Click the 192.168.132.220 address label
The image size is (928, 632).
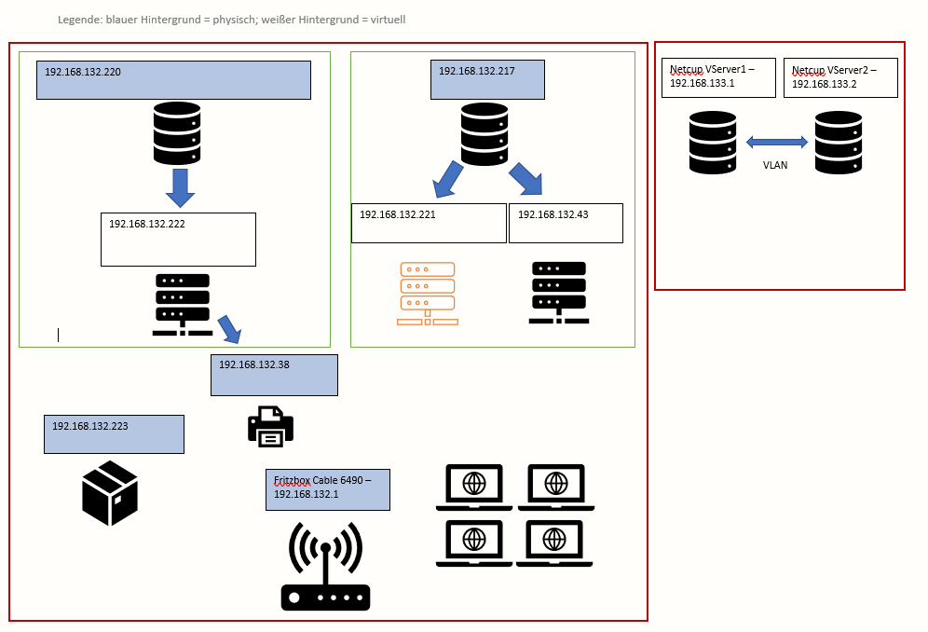pyautogui.click(x=83, y=72)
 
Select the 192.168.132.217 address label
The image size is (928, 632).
pyautogui.click(x=476, y=71)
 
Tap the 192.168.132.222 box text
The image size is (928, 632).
pyautogui.click(x=147, y=224)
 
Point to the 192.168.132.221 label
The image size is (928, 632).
pyautogui.click(x=398, y=214)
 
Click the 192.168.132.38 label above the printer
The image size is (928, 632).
pyautogui.click(x=254, y=365)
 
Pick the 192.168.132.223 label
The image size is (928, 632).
pyautogui.click(x=90, y=426)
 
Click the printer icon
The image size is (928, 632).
pyautogui.click(x=270, y=426)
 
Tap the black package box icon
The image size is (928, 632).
pyautogui.click(x=110, y=492)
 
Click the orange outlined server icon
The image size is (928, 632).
pyautogui.click(x=428, y=294)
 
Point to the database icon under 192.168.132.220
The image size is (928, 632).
pyautogui.click(x=177, y=133)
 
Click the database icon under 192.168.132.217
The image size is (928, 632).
pyautogui.click(x=484, y=133)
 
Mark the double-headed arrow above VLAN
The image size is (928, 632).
pyautogui.click(x=777, y=142)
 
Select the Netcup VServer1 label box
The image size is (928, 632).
pyautogui.click(x=718, y=77)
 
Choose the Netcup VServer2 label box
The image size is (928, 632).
pyautogui.click(x=840, y=77)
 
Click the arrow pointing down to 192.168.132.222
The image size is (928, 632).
pyautogui.click(x=180, y=187)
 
